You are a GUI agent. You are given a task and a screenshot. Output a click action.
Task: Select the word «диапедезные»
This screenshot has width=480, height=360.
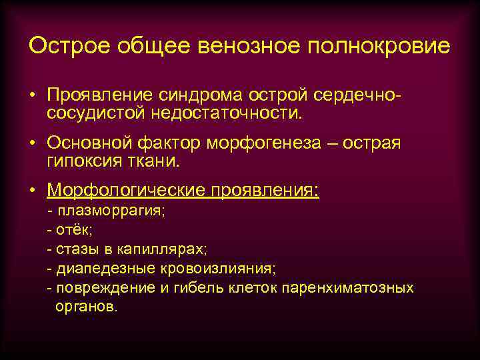tap(101, 269)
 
